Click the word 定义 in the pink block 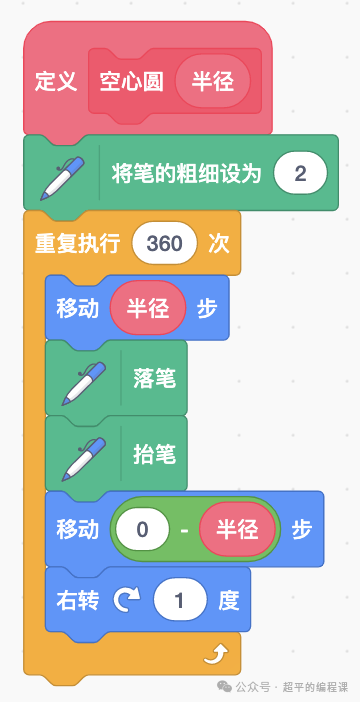coord(56,82)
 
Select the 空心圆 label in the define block coord(131,82)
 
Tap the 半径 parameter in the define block coord(212,82)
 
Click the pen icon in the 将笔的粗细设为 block coord(63,174)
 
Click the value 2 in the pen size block coord(301,174)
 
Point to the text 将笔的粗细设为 coord(187,174)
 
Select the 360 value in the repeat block coord(164,244)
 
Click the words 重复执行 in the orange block coord(77,244)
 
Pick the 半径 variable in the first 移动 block coord(148,308)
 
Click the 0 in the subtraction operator coord(142,529)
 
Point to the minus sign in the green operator coord(184,529)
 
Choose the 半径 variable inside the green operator coord(235,529)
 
